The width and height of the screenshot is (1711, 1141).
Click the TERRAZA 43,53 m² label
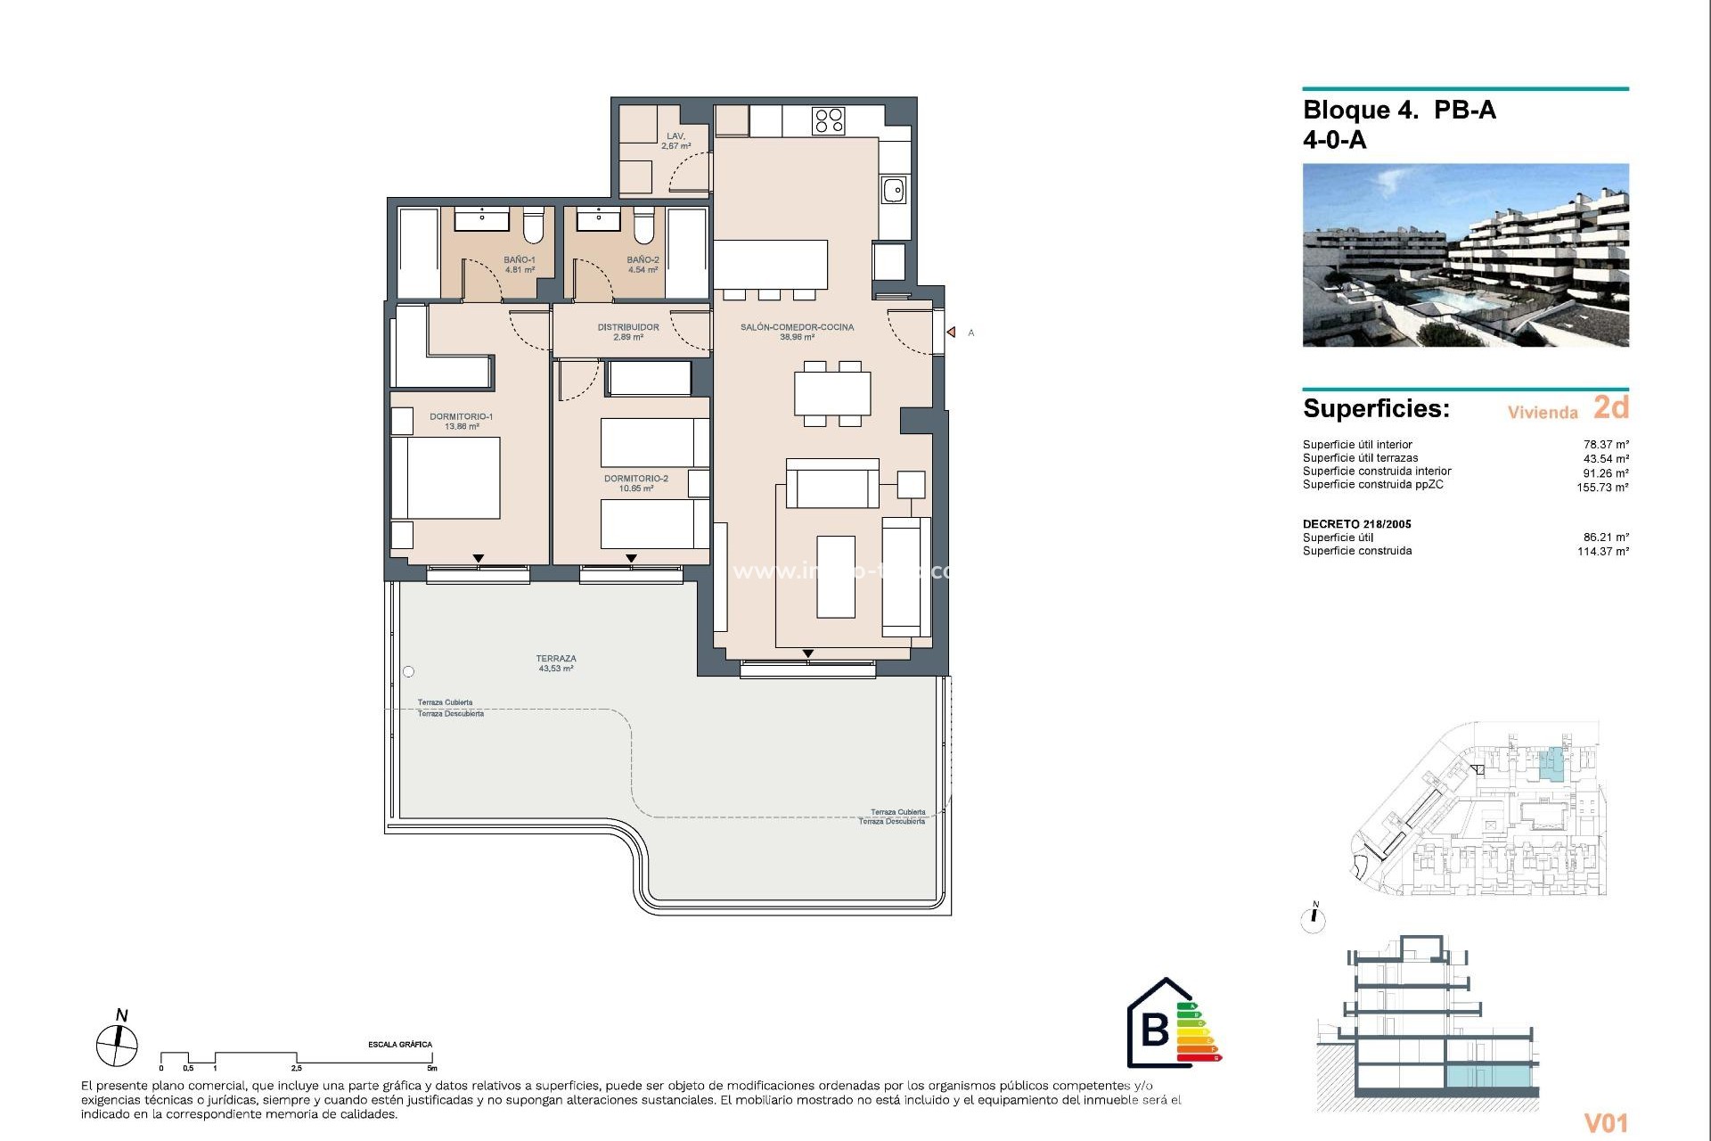556,663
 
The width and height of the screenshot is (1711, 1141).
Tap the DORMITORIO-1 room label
461,421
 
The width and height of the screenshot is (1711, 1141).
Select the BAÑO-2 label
643,265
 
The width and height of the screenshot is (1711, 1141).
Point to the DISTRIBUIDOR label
628,332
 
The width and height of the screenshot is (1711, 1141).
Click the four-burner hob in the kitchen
828,120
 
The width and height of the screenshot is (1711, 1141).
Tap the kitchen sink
894,190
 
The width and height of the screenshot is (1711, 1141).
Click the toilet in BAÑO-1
533,226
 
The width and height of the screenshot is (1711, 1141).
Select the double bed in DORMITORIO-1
446,477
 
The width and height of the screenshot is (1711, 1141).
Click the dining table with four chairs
832,393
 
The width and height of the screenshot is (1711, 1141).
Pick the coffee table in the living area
835,577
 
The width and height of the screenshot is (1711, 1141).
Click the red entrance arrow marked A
952,332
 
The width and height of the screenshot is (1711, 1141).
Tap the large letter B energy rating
1155,1030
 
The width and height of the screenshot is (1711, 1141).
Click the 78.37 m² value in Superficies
1606,444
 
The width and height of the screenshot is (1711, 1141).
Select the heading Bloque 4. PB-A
1399,110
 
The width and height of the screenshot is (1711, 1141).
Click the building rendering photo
1465,255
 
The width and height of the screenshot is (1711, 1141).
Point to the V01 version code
1606,1123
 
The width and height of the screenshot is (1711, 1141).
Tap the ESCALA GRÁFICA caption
400,1044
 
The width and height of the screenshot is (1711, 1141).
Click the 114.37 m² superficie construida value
1602,551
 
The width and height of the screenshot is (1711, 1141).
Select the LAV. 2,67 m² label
675,141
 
